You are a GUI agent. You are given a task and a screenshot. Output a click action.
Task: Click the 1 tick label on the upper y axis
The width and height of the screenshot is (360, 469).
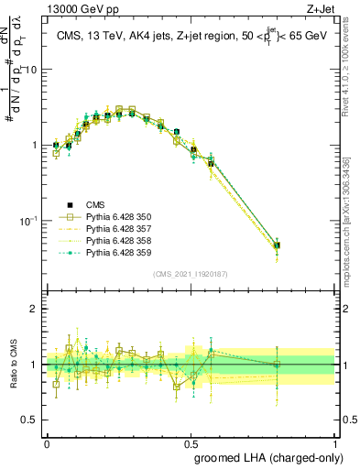tap(35, 146)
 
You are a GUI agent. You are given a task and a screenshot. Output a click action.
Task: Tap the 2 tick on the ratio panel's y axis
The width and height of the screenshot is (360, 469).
tap(35, 309)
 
